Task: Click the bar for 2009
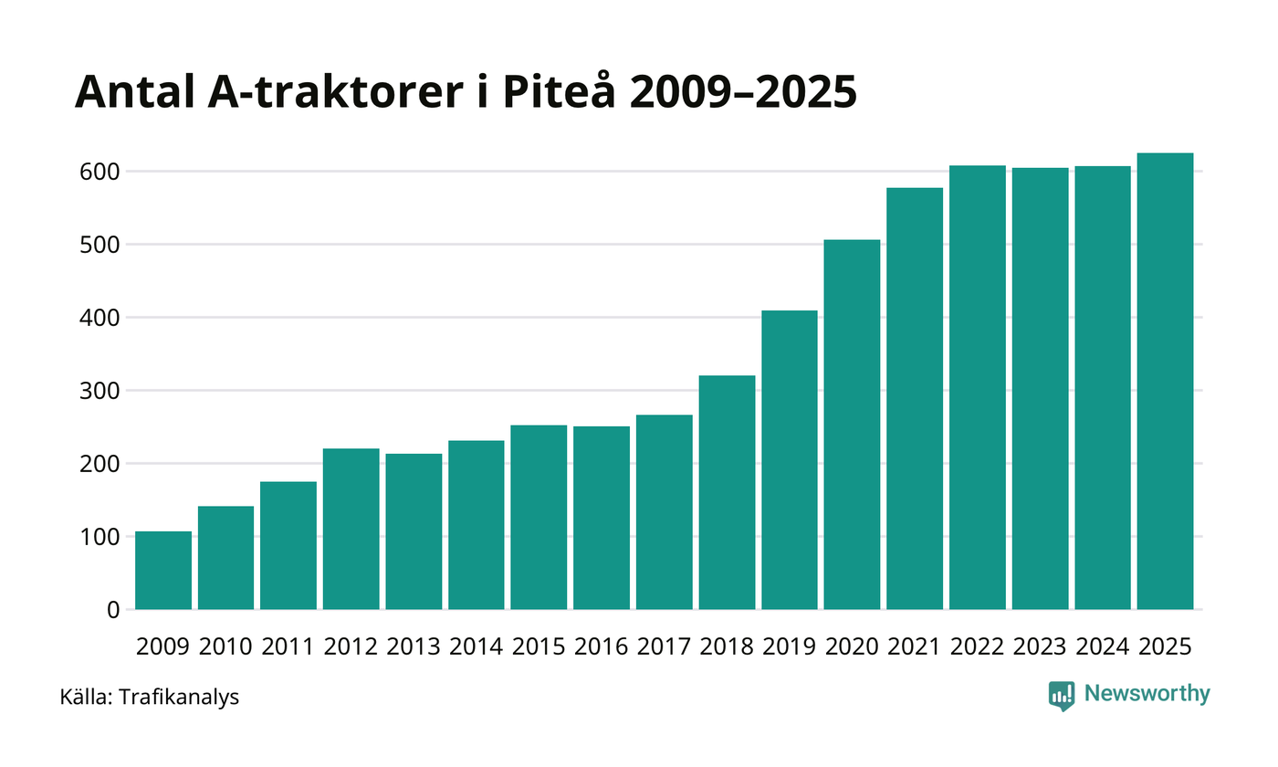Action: click(x=163, y=571)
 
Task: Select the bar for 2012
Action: click(x=351, y=530)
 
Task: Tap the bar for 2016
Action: click(x=602, y=518)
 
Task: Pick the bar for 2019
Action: click(x=790, y=460)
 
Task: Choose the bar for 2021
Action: click(x=915, y=399)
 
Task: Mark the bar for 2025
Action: click(x=1165, y=382)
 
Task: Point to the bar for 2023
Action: click(x=1040, y=389)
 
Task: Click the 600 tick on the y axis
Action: click(x=101, y=172)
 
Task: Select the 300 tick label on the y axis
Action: click(x=101, y=391)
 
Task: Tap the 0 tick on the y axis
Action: click(x=113, y=610)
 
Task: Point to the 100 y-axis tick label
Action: click(x=101, y=537)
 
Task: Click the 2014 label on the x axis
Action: click(x=476, y=647)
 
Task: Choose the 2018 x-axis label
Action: click(x=727, y=647)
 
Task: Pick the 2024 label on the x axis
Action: click(x=1103, y=647)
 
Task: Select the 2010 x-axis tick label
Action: click(x=225, y=647)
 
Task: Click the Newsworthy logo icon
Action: click(x=1062, y=696)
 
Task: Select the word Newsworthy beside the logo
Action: click(x=1147, y=695)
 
